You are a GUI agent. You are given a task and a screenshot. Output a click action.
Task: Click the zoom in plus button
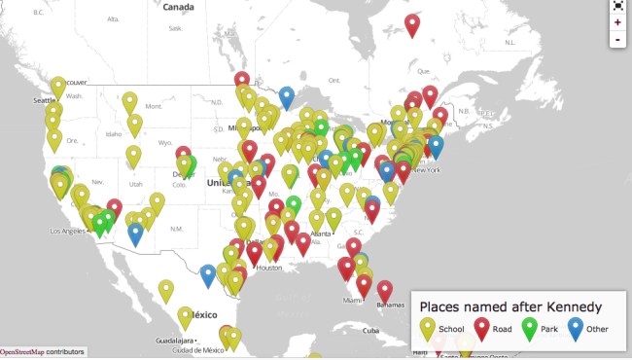(617, 21)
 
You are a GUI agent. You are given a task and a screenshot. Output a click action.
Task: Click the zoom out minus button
(617, 39)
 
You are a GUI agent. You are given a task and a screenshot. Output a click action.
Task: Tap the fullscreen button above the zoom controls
(617, 5)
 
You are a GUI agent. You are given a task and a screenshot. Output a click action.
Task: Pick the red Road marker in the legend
(480, 328)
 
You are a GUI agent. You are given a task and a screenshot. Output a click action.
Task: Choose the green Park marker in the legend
(530, 328)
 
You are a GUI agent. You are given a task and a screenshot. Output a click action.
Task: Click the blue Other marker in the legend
(577, 328)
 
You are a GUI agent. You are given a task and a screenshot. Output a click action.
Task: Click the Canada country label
(178, 7)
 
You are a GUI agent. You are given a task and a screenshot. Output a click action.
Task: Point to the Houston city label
(269, 268)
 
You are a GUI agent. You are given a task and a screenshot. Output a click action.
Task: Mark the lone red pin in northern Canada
(412, 23)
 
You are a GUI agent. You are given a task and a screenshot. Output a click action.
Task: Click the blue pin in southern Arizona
(135, 233)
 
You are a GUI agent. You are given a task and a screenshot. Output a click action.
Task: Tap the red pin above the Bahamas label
(385, 289)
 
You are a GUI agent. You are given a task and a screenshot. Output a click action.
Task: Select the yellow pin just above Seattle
(58, 86)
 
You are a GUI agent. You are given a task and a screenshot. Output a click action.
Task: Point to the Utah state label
(135, 183)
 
